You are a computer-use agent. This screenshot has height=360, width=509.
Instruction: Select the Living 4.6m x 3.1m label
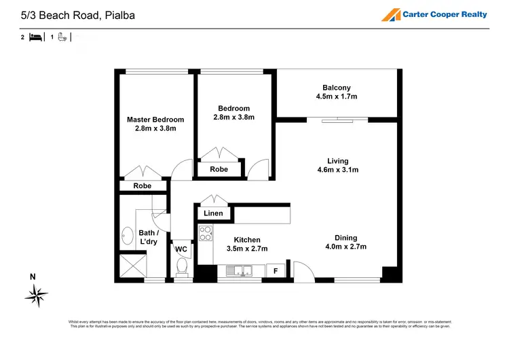tap(337, 166)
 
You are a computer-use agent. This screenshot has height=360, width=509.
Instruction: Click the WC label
tap(181, 249)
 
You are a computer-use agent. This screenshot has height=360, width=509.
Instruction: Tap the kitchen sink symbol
tap(239, 272)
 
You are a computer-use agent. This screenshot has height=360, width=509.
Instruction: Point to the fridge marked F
tap(275, 271)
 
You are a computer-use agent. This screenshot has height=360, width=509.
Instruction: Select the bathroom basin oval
tap(128, 236)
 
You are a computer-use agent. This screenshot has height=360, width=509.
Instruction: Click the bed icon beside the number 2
tap(37, 37)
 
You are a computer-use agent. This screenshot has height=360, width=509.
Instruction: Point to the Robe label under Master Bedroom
tap(142, 185)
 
